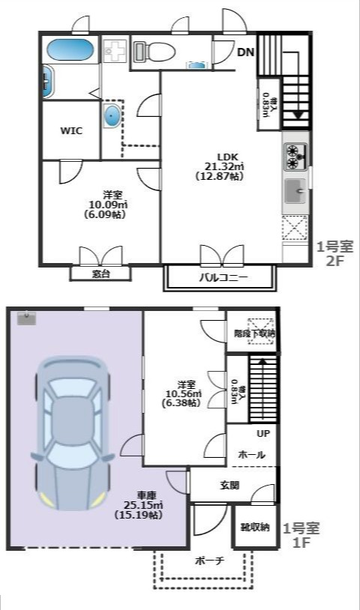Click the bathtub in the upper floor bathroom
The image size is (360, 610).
pyautogui.click(x=69, y=51)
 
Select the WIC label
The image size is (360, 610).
pyautogui.click(x=71, y=130)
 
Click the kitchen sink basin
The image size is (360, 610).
pyautogui.click(x=295, y=193)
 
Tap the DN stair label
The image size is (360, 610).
pyautogui.click(x=246, y=52)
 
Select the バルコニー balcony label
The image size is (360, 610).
pyautogui.click(x=223, y=278)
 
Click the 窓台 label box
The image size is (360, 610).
pyautogui.click(x=100, y=274)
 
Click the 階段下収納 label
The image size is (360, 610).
pyautogui.click(x=254, y=333)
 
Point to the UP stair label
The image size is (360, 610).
pyautogui.click(x=263, y=434)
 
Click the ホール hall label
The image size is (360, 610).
pyautogui.click(x=250, y=454)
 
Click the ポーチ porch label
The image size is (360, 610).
pyautogui.click(x=209, y=561)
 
